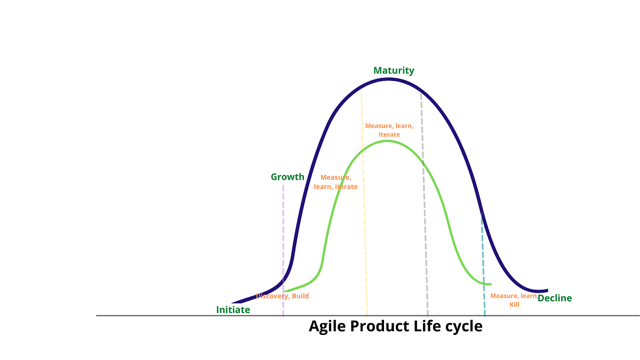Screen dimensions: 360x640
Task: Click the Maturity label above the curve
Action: tap(394, 70)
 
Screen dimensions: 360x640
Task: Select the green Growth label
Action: tap(287, 177)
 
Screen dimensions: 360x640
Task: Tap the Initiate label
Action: tap(233, 310)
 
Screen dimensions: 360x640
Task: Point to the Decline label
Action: tap(555, 298)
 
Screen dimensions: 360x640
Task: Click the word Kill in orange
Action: tap(514, 305)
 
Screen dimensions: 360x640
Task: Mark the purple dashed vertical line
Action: tap(283, 240)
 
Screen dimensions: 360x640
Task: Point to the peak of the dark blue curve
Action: tap(388, 79)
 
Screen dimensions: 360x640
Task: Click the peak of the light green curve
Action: tap(388, 141)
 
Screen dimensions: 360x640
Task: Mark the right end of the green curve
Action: tap(490, 284)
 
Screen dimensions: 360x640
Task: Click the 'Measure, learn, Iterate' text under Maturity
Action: tap(389, 130)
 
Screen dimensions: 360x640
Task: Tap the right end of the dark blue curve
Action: tap(547, 291)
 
